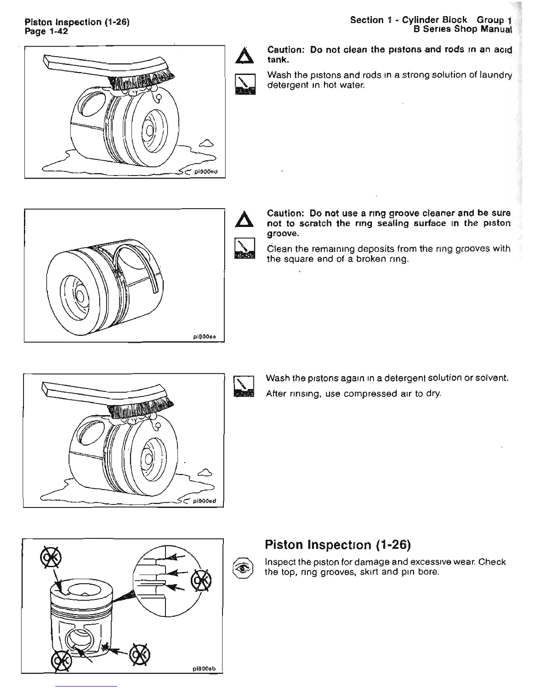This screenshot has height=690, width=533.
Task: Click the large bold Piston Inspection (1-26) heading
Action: pos(338,545)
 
